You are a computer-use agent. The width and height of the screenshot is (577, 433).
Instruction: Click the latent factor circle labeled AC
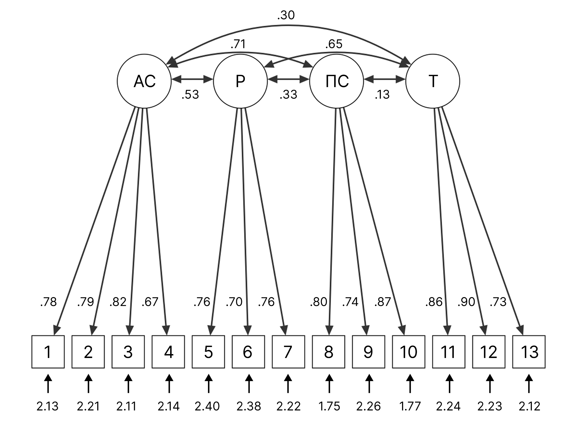144,81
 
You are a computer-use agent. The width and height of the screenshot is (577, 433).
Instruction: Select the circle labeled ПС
336,81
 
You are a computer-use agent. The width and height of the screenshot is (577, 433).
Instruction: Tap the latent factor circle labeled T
433,81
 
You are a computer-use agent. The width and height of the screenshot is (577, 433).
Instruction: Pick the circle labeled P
240,81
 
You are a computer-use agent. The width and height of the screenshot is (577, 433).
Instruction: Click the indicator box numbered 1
48,352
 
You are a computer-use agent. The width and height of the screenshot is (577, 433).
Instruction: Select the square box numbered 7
288,352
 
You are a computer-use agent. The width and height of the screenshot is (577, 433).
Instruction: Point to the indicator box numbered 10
409,352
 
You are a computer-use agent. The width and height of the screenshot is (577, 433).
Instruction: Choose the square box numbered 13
529,352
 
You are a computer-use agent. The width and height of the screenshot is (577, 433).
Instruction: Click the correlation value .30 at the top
286,16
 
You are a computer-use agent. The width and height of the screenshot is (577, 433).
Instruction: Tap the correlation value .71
238,44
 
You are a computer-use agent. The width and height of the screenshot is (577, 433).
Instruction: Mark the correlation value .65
334,44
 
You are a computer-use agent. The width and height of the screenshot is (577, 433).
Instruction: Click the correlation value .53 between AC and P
190,95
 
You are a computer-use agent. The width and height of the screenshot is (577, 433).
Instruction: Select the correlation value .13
382,95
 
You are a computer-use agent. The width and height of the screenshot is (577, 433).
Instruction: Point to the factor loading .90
466,302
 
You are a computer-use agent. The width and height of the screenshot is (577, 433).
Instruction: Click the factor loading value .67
150,302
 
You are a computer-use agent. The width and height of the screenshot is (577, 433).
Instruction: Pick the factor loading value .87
383,302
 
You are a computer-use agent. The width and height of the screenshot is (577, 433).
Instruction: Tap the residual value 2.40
207,406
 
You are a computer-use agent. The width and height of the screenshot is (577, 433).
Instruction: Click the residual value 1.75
329,406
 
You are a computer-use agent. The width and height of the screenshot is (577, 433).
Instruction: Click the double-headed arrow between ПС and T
385,80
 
